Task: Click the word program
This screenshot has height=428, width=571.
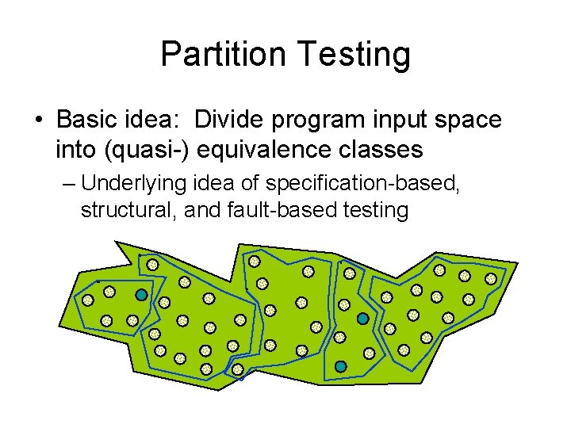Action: [x=317, y=120]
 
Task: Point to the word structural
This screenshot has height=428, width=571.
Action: [x=119, y=210]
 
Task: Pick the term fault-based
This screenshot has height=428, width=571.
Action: [x=286, y=210]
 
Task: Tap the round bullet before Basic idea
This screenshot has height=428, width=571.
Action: [x=38, y=121]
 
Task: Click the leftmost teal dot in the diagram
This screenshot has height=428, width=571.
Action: [x=141, y=295]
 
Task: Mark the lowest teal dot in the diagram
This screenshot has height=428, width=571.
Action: [x=340, y=367]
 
